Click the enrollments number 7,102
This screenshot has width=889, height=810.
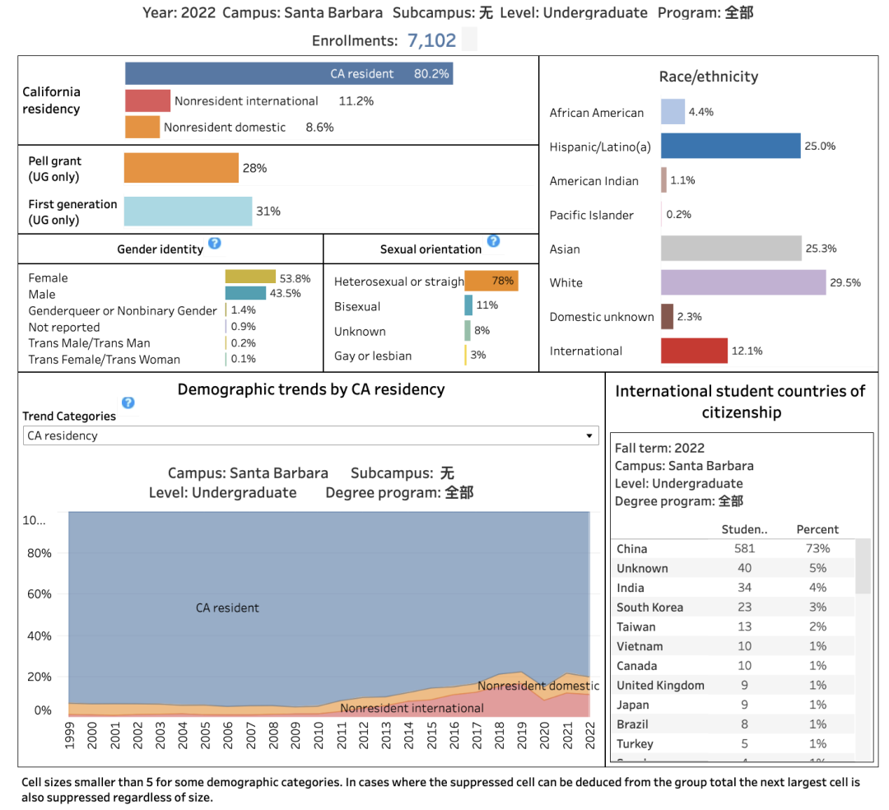431,40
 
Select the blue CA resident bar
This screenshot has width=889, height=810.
288,73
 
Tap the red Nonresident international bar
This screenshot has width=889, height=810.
147,100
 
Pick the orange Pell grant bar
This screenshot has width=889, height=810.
181,168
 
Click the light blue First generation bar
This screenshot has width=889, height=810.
188,211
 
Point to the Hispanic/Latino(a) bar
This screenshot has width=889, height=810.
730,146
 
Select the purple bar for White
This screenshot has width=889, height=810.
742,282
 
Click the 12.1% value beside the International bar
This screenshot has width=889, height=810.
747,351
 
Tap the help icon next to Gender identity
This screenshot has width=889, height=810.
215,244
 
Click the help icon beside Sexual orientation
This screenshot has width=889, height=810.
493,241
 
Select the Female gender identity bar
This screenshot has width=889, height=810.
250,277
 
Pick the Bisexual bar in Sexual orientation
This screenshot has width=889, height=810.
468,305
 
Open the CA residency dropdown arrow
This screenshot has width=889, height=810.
589,435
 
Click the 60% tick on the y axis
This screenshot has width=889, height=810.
40,594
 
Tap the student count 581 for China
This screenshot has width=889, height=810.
744,548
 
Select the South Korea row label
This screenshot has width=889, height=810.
649,607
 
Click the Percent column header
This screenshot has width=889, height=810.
817,529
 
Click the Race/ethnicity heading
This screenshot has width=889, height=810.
708,77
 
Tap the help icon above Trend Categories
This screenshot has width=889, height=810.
128,403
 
